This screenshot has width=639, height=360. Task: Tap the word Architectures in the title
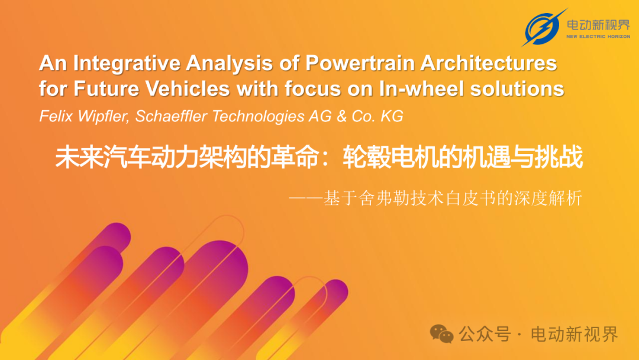pos(489,63)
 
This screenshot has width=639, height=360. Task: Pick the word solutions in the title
pos(517,88)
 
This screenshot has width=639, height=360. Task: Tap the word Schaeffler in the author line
pos(171,116)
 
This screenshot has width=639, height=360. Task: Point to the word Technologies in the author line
pos(258,117)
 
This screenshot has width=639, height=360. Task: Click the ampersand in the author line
pos(341,116)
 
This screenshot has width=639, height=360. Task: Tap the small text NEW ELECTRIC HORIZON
pos(598,36)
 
